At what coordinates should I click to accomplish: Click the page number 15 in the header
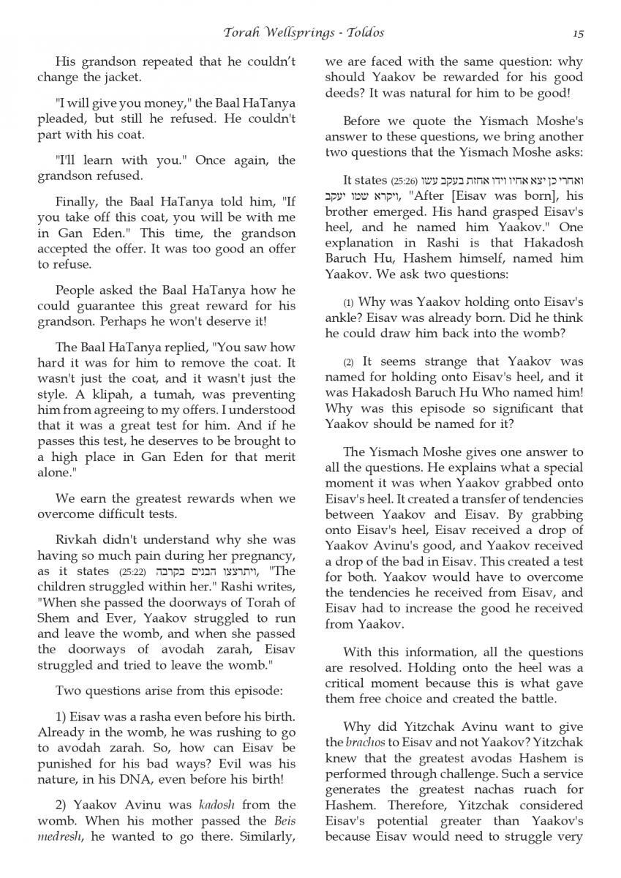point(578,33)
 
